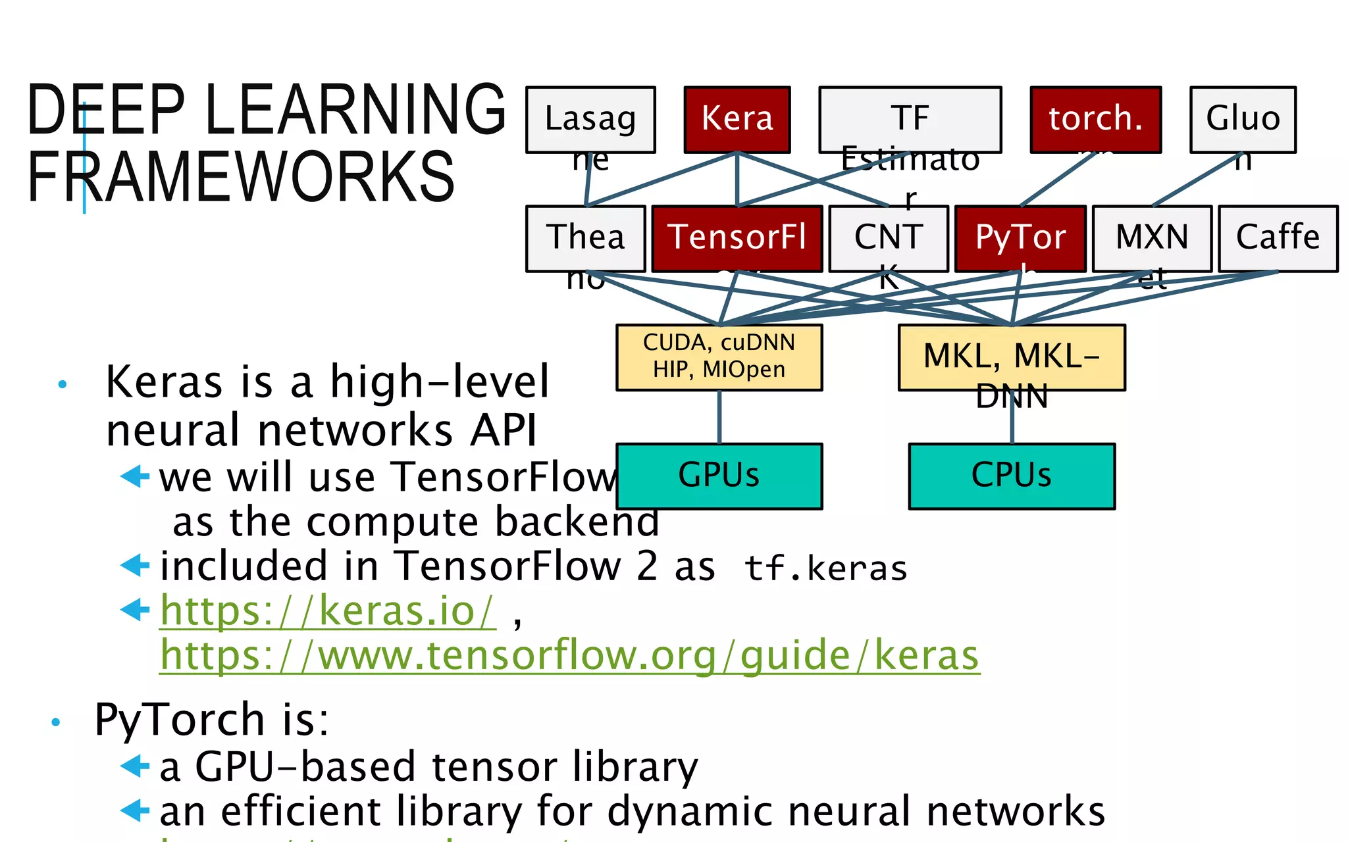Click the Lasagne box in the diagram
pyautogui.click(x=590, y=120)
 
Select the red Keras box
pyautogui.click(x=737, y=120)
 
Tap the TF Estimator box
pyautogui.click(x=910, y=120)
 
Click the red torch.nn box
pyautogui.click(x=1095, y=120)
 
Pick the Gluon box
pyautogui.click(x=1243, y=120)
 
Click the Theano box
pyautogui.click(x=585, y=238)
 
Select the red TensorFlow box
pyautogui.click(x=737, y=238)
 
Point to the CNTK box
pyautogui.click(x=888, y=238)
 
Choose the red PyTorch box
pyautogui.click(x=1020, y=238)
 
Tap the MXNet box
pyautogui.click(x=1152, y=238)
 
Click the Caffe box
pyautogui.click(x=1278, y=238)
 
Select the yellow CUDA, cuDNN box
pyautogui.click(x=719, y=357)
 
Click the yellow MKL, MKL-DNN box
pyautogui.click(x=1012, y=357)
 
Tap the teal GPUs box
pyautogui.click(x=719, y=476)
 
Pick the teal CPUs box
pyautogui.click(x=1012, y=476)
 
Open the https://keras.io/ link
pyautogui.click(x=327, y=611)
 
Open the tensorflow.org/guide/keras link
pyautogui.click(x=569, y=656)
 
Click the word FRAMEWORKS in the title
pyautogui.click(x=241, y=176)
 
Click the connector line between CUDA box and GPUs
pyautogui.click(x=719, y=417)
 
